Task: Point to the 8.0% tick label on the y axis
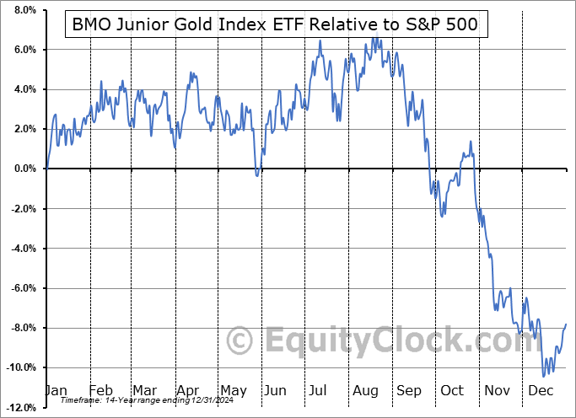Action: coord(23,10)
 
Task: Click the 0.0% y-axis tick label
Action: coord(23,169)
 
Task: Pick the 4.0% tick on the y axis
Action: coord(23,89)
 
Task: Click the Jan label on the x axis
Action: coord(57,391)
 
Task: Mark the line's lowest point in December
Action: coord(544,376)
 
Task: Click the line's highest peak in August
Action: coord(374,38)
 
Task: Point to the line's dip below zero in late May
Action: coord(257,176)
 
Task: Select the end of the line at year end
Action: coord(566,324)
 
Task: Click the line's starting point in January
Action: coord(47,168)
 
